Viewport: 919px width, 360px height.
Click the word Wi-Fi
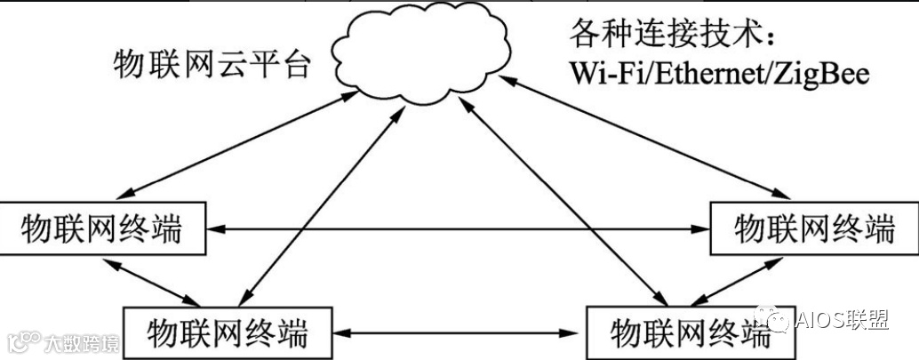tap(605, 74)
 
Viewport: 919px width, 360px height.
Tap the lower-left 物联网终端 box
tap(227, 333)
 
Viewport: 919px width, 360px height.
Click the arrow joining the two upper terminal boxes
tap(457, 229)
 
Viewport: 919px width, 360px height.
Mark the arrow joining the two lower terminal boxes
tap(459, 333)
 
